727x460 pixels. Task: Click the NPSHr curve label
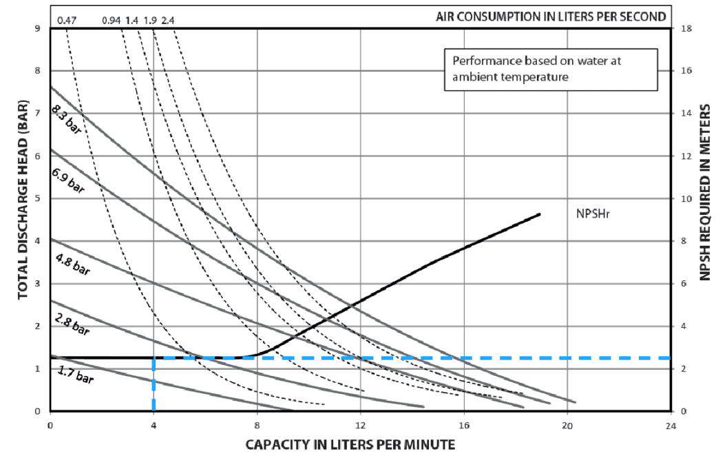tap(593, 213)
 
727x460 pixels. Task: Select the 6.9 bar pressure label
tap(67, 181)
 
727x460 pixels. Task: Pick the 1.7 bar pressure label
tap(74, 378)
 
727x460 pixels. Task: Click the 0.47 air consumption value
tap(67, 19)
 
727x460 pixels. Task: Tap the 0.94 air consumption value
tap(111, 19)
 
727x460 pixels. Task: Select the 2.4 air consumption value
tap(167, 19)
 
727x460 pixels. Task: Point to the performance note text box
tap(550, 69)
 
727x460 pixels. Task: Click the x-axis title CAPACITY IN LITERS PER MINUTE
tap(350, 444)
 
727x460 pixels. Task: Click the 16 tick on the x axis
tap(463, 426)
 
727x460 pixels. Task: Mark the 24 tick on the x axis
tap(671, 426)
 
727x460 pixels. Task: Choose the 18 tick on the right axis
tap(686, 28)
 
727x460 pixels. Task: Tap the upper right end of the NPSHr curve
tap(539, 214)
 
